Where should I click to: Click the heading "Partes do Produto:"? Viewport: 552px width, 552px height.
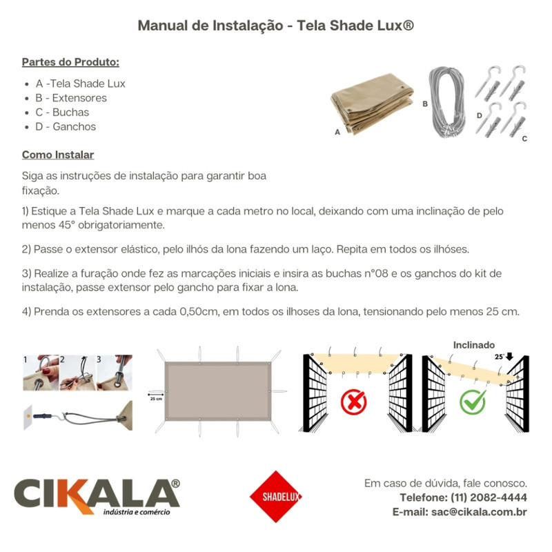(x=70, y=62)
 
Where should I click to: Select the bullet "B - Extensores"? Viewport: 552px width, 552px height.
(x=71, y=98)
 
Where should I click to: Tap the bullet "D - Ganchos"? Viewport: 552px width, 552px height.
(x=66, y=126)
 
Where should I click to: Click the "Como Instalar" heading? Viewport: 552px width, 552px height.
(x=58, y=155)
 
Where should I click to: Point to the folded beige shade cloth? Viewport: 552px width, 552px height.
(x=373, y=103)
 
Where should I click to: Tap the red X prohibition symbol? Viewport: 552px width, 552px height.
(x=354, y=401)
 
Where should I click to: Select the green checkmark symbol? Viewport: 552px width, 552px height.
(x=473, y=401)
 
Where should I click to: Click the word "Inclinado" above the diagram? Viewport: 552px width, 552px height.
(x=474, y=344)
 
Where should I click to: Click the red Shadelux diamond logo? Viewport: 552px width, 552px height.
(x=276, y=496)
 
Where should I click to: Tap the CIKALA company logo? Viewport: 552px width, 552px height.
(x=97, y=497)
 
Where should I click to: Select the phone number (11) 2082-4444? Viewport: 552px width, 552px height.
(x=489, y=497)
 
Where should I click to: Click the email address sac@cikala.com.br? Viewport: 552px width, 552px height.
(x=479, y=512)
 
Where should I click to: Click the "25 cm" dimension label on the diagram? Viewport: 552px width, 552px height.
(x=156, y=398)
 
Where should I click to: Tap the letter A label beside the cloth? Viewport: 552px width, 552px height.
(x=337, y=131)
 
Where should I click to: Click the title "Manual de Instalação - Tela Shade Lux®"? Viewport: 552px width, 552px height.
(x=276, y=26)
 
